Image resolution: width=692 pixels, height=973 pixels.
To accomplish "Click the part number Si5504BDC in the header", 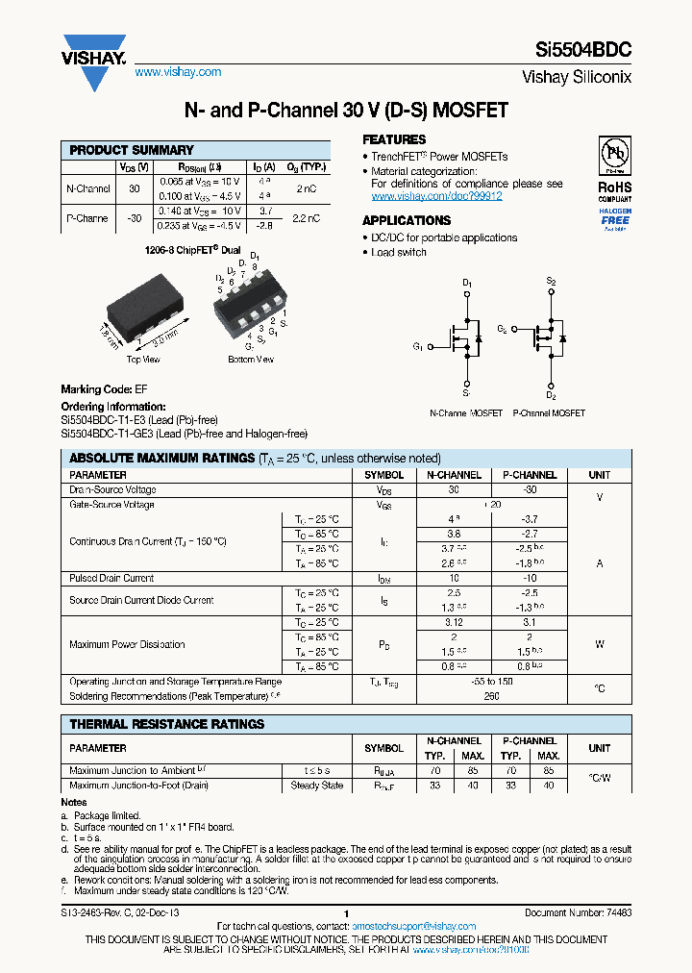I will tap(582, 54).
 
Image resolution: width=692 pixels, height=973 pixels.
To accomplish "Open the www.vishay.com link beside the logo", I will tap(178, 72).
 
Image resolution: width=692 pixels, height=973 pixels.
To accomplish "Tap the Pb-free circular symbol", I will tap(614, 156).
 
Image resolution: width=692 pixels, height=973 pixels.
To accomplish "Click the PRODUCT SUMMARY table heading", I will tap(132, 150).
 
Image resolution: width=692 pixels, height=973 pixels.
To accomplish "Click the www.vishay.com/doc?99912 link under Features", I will tap(436, 196).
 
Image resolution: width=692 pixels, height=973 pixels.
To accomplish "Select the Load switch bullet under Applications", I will tap(399, 252).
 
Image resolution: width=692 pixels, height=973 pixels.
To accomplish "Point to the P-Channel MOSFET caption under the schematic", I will tap(549, 412).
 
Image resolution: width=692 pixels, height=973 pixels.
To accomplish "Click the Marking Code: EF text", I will tap(104, 389).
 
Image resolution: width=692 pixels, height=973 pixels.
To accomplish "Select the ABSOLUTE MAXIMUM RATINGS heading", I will tap(161, 459).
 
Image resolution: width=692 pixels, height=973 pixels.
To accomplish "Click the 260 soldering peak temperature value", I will tap(492, 696).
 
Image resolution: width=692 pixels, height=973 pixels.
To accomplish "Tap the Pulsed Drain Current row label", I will tap(111, 579).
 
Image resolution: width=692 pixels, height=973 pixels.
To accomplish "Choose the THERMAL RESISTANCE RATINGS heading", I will tap(167, 724).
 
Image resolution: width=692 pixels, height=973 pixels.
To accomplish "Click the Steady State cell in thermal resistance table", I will tap(317, 786).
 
